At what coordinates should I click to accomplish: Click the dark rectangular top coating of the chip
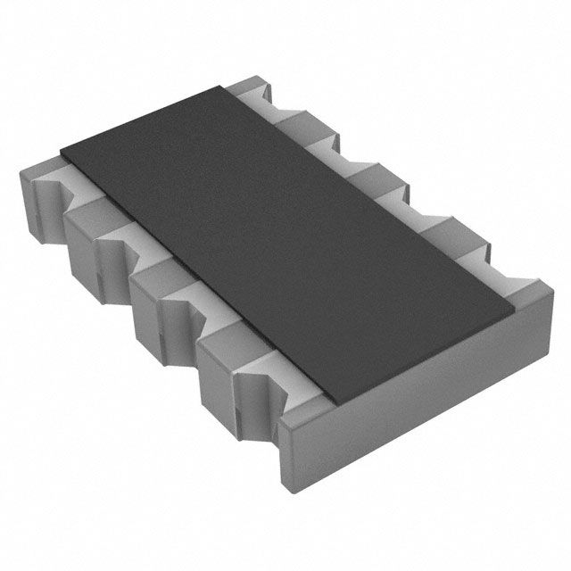285,241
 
